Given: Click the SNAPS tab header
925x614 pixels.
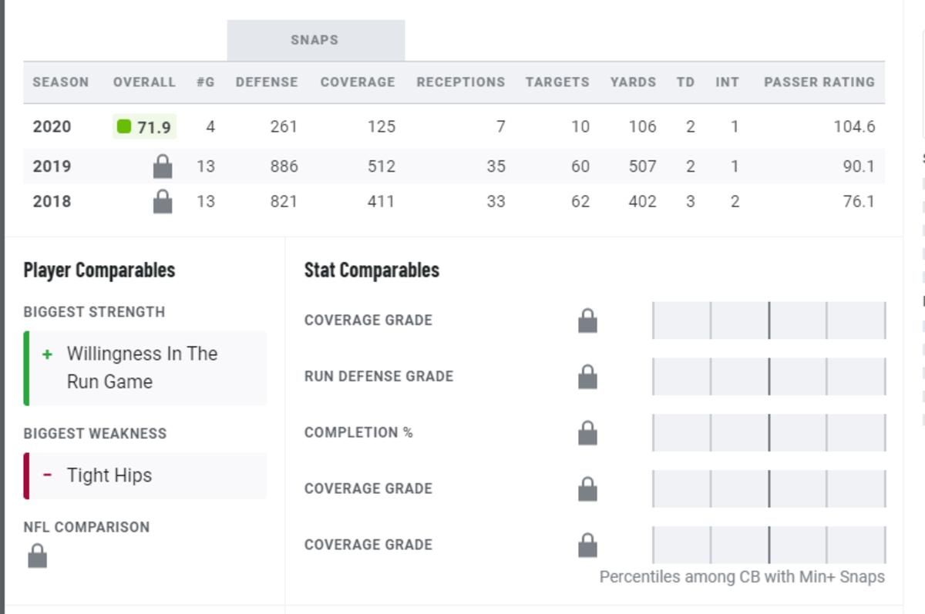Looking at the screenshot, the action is point(316,40).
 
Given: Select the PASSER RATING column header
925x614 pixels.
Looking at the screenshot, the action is point(819,82).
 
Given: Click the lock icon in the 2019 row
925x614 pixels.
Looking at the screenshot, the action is point(163,166).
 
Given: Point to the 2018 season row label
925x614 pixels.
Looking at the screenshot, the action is point(52,201).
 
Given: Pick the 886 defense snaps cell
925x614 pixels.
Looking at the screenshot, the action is point(284,166).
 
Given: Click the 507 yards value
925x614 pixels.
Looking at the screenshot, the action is point(642,166).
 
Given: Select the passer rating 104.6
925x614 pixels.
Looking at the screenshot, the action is point(854,126).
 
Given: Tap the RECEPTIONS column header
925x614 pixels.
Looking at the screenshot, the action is point(461,82).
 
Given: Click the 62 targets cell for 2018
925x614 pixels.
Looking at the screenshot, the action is point(580,201).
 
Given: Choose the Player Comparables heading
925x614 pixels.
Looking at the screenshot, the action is point(99,270).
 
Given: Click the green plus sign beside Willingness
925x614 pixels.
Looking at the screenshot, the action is point(48,354).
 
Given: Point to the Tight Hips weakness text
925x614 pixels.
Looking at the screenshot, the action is point(109,475).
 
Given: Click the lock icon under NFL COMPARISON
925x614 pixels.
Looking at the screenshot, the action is point(37,555).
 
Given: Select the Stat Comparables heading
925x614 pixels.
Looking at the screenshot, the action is point(372,270).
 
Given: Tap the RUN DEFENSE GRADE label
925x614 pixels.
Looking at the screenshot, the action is point(378,376).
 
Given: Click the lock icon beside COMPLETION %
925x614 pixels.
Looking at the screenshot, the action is point(587,433).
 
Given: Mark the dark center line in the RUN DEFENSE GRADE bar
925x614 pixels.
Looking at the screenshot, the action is point(769,376).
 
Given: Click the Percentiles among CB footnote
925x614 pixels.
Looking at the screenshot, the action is point(742,577).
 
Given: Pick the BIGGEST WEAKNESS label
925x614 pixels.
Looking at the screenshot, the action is point(95,434).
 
